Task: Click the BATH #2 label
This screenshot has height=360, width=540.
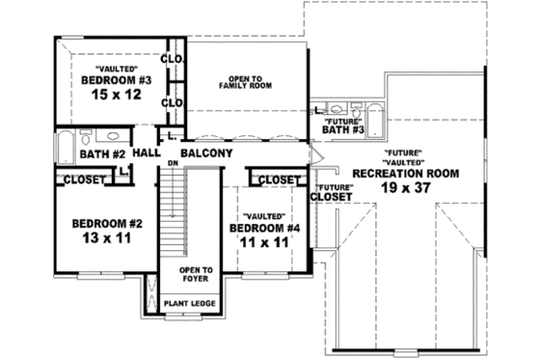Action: tap(103, 154)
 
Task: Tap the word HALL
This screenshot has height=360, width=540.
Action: tap(147, 153)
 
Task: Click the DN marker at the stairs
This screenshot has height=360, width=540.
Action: tap(175, 163)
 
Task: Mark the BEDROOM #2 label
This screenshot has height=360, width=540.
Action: tap(107, 224)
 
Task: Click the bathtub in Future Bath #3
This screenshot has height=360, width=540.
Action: tap(378, 113)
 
